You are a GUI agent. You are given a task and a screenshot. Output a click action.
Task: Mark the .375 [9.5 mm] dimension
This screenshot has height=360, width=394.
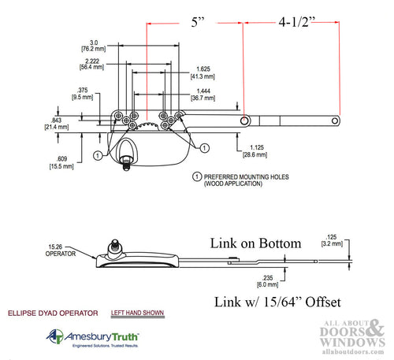click(80, 95)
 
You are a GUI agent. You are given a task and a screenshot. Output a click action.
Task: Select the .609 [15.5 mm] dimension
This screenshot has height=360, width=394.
click(56, 162)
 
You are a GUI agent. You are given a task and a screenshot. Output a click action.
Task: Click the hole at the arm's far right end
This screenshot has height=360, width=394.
click(336, 121)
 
